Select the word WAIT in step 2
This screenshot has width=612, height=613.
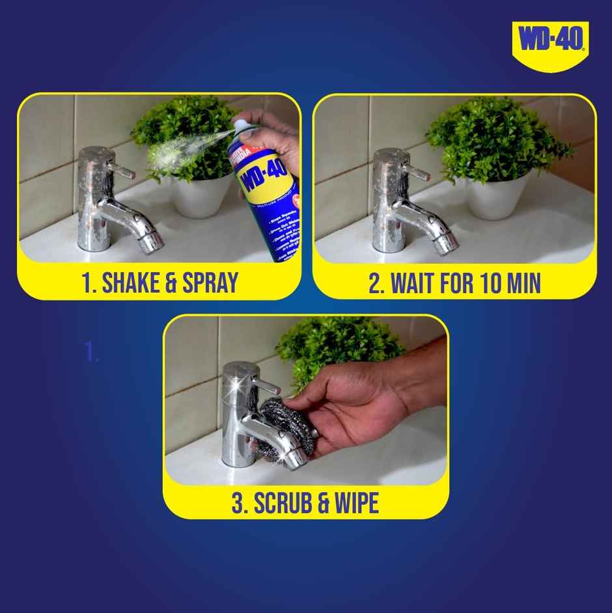click(x=415, y=284)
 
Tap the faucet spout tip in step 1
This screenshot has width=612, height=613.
click(x=152, y=241)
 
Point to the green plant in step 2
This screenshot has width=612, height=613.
click(x=495, y=140)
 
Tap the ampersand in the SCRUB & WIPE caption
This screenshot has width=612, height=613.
click(x=319, y=504)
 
